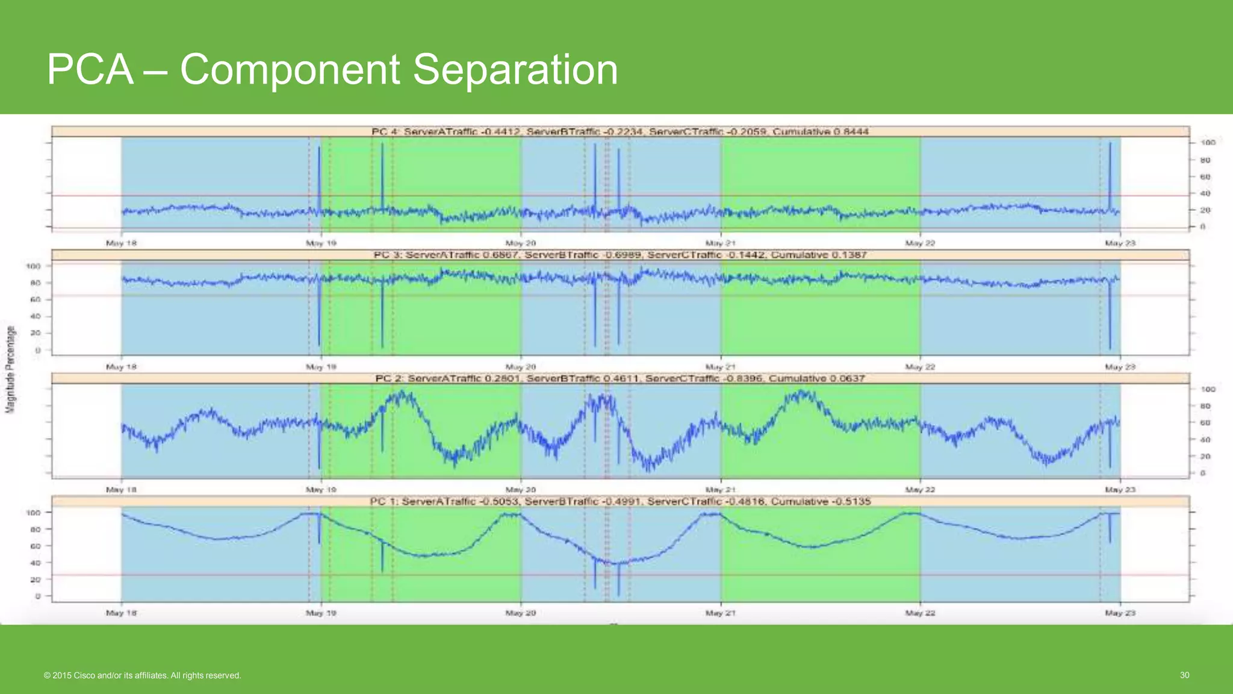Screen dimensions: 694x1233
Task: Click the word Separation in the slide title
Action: click(515, 69)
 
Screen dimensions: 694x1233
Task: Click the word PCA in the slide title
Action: click(90, 69)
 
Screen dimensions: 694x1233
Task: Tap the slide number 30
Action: click(1184, 675)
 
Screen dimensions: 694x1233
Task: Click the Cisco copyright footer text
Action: click(142, 675)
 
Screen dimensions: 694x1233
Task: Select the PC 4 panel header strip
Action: click(620, 131)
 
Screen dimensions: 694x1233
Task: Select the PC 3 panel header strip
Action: click(620, 255)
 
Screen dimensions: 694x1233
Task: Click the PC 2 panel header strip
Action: click(620, 378)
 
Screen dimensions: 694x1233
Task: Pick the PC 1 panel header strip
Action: click(620, 501)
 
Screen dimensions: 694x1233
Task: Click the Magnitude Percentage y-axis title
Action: click(10, 369)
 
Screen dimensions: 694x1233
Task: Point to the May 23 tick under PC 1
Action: click(1120, 613)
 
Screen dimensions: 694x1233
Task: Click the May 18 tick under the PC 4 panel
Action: click(121, 243)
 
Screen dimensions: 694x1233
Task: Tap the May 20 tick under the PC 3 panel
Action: click(520, 367)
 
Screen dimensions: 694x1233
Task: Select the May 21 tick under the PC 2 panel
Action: click(720, 490)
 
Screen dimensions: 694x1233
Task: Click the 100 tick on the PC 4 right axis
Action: click(1208, 143)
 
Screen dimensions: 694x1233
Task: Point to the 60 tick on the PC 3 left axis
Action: click(35, 299)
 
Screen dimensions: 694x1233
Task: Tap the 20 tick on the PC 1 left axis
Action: click(35, 580)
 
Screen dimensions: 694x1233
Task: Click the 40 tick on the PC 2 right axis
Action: click(1205, 440)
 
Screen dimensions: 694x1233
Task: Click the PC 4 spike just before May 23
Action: click(1110, 175)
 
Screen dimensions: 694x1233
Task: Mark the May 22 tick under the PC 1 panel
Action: click(920, 613)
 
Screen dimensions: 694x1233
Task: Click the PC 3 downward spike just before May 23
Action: click(1110, 319)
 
